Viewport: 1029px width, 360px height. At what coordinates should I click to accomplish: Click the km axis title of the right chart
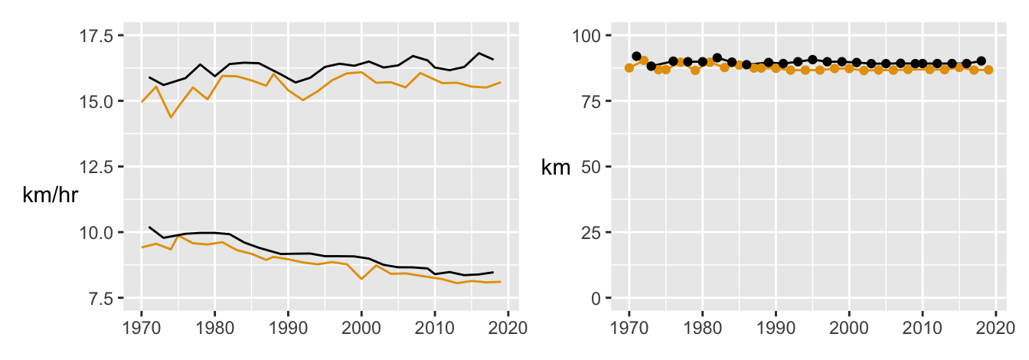coord(556,168)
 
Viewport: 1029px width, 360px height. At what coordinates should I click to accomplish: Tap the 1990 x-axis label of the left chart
coord(288,328)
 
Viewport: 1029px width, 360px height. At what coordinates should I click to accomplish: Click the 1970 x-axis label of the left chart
coord(142,328)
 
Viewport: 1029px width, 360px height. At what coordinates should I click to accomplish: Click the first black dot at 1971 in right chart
coord(636,56)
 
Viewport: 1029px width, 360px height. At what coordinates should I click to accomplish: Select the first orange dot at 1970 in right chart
coord(629,67)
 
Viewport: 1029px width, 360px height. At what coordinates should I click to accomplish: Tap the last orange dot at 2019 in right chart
coord(988,70)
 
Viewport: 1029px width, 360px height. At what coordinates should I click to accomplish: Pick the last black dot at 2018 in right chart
coord(981,61)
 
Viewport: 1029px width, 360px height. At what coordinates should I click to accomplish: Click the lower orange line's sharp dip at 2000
coord(361,279)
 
